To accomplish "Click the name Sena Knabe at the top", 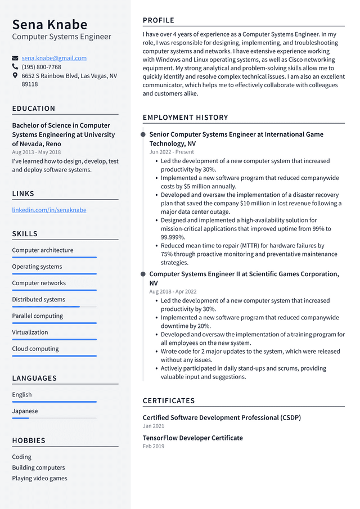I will click(x=49, y=25).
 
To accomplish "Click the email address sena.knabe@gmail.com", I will click(x=54, y=58).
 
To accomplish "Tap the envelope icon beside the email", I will click(x=15, y=58).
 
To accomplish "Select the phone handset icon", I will click(x=15, y=66).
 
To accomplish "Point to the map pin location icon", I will click(x=15, y=75).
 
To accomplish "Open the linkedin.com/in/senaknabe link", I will click(x=49, y=210).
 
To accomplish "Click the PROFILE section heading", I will click(x=159, y=20).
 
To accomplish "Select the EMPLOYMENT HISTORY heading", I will click(x=185, y=118).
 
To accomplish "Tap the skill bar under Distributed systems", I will click(x=54, y=307).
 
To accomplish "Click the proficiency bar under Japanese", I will click(x=54, y=418).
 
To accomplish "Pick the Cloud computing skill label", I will click(x=35, y=349).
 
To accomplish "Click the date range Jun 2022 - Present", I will click(x=172, y=152).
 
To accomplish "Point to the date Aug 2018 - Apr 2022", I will click(x=173, y=291).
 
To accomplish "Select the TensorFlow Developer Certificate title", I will click(x=192, y=438).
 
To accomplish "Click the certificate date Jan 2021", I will click(x=154, y=426).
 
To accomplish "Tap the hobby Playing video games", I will click(x=39, y=478).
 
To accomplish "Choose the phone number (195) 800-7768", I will click(x=42, y=66).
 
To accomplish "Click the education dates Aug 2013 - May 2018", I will click(x=37, y=152).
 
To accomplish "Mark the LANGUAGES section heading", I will click(x=34, y=379).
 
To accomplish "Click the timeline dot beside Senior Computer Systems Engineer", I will click(x=143, y=134).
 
